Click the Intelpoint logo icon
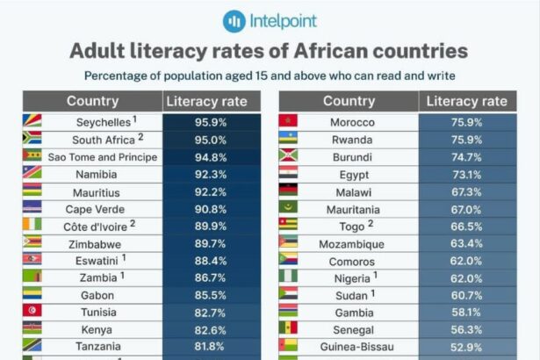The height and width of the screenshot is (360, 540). [233, 19]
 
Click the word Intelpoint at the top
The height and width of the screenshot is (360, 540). [283, 19]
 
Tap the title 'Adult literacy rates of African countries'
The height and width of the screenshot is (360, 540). [269, 50]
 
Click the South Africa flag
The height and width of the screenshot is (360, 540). [32, 140]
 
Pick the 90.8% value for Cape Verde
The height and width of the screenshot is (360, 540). [211, 209]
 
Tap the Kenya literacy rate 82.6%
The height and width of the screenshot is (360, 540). [211, 328]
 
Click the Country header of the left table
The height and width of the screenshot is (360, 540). [92, 101]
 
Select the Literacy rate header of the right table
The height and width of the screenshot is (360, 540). [466, 101]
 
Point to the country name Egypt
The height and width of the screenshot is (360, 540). [352, 175]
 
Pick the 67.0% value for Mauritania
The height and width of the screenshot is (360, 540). [466, 209]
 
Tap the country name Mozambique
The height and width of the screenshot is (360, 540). [352, 243]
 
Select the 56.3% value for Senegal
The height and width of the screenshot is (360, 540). [466, 328]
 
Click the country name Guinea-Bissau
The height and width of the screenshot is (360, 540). [352, 346]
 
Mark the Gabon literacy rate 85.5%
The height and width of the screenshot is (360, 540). [211, 294]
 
